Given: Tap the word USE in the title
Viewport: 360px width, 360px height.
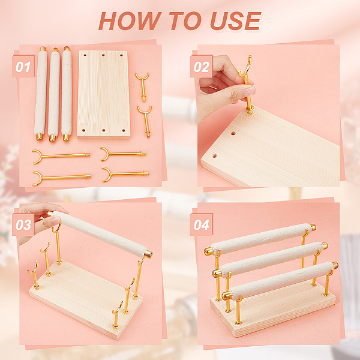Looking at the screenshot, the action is click(236, 21).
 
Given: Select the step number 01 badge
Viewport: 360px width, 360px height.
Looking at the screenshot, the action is click(23, 66).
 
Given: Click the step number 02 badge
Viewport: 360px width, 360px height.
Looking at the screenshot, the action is click(201, 66).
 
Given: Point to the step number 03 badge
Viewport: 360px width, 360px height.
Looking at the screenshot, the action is click(23, 224).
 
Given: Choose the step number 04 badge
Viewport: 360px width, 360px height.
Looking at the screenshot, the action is click(201, 224).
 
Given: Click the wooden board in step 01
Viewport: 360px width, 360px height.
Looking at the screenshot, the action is click(104, 94).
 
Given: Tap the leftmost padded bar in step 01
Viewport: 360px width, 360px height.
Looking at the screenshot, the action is click(41, 94).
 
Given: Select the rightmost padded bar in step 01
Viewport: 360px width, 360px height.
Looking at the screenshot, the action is click(67, 94).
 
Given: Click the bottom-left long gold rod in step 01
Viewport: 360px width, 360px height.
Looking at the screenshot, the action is click(61, 178).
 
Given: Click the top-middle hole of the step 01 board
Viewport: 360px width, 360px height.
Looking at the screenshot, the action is click(103, 55).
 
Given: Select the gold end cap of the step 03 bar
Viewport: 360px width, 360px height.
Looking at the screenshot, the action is click(148, 254).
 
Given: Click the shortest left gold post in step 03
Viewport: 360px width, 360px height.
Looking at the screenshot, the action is click(34, 275).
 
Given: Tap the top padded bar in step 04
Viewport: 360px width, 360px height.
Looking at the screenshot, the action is click(260, 239).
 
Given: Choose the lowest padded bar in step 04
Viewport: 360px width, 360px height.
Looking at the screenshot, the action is click(280, 281).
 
